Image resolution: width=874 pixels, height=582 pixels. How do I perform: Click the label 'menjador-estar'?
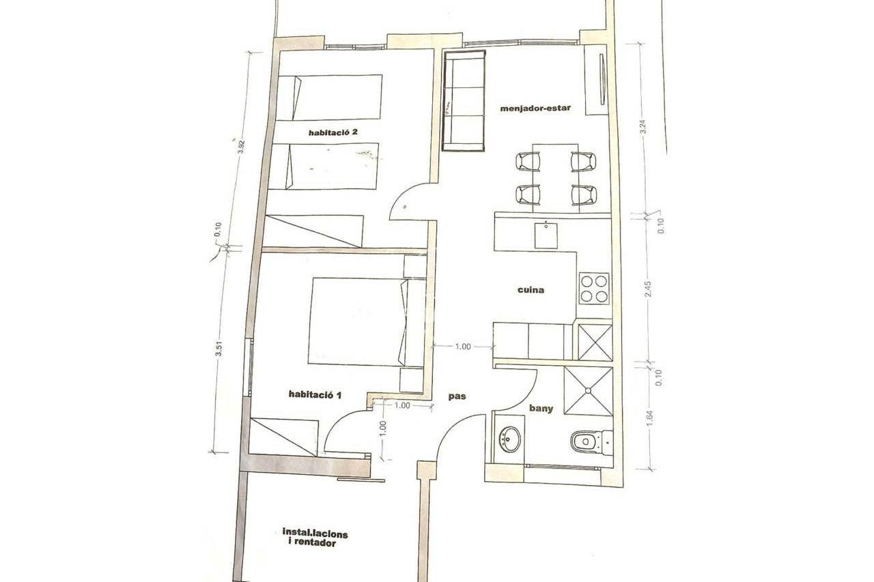(535, 108)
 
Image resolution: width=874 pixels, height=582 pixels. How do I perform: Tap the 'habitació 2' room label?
(333, 132)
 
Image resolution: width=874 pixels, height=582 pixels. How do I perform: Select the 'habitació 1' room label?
(315, 394)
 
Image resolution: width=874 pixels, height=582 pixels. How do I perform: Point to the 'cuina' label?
(531, 290)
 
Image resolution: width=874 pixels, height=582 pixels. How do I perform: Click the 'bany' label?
(541, 409)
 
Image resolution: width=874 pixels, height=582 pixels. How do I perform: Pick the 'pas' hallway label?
(457, 397)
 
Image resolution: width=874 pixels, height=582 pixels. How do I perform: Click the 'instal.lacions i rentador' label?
(315, 538)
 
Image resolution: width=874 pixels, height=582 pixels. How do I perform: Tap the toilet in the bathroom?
(591, 441)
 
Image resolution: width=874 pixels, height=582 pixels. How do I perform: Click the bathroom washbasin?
(509, 439)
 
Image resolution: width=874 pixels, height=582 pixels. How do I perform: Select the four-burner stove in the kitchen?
(593, 289)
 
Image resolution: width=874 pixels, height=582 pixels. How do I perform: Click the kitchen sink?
(546, 235)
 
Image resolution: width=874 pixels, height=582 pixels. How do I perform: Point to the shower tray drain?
(588, 390)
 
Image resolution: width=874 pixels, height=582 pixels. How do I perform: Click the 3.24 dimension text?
(643, 126)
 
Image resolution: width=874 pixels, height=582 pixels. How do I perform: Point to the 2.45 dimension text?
(648, 289)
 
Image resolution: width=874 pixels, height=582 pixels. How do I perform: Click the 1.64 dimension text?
(650, 418)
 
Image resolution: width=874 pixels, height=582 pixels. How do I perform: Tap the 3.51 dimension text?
(219, 349)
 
